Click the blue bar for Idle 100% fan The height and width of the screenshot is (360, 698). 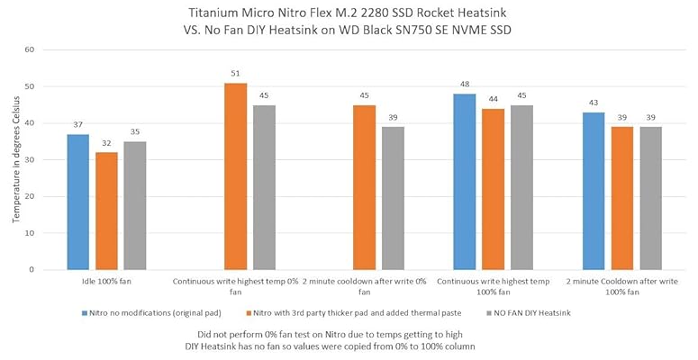click(78, 202)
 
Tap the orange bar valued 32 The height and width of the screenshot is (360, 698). click(107, 211)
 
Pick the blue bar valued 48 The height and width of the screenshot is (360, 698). click(465, 182)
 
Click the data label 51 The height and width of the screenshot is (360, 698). click(236, 74)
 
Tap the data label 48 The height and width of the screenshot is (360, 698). click(465, 85)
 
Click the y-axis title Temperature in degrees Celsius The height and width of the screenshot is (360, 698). click(12, 159)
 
